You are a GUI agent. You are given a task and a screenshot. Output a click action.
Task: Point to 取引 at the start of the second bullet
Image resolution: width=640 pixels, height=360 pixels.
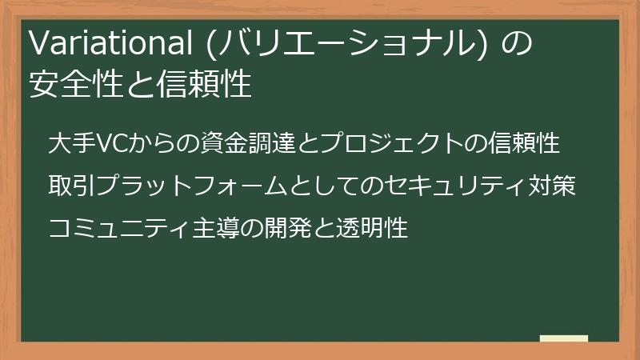(71, 187)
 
